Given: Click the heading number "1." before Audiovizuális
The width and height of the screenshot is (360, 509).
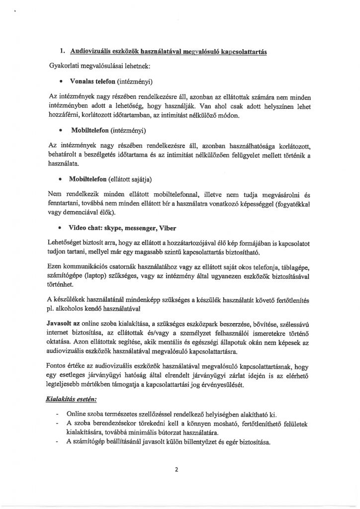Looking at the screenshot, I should pos(62,51).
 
